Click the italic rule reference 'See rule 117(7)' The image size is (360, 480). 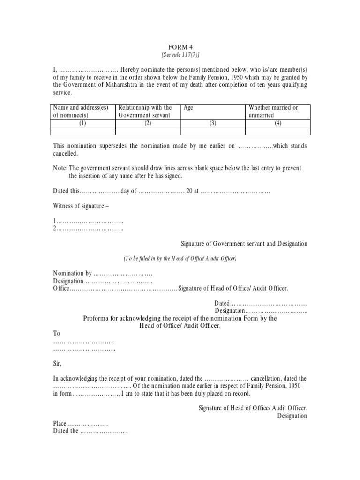point(180,55)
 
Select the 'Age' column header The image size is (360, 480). point(188,108)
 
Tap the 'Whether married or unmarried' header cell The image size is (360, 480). point(273,112)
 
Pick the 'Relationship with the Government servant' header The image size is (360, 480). point(145,112)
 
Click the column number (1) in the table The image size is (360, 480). point(82,123)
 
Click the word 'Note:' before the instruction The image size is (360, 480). point(60,168)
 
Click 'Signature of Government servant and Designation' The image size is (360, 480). point(244,244)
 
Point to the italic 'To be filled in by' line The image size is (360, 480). point(180,258)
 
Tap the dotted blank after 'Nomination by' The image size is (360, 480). point(123,273)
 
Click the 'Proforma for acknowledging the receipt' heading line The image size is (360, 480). point(180,318)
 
